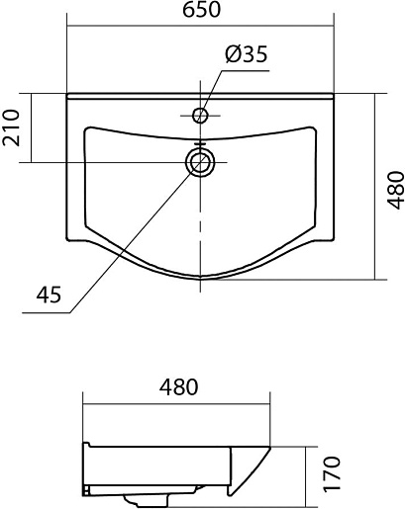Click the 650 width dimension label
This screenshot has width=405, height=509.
pyautogui.click(x=201, y=10)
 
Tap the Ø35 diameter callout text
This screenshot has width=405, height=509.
pyautogui.click(x=247, y=54)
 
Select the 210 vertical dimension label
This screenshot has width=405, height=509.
pyautogui.click(x=11, y=127)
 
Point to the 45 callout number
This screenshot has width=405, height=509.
pyautogui.click(x=49, y=295)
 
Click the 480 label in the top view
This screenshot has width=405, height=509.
pyautogui.click(x=395, y=190)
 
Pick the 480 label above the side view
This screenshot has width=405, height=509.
pyautogui.click(x=179, y=386)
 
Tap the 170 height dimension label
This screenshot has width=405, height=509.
pyautogui.click(x=331, y=474)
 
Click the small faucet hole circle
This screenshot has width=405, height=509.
pyautogui.click(x=200, y=116)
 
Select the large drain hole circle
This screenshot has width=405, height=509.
pyautogui.click(x=200, y=162)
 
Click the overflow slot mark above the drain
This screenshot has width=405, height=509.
pyautogui.click(x=200, y=143)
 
